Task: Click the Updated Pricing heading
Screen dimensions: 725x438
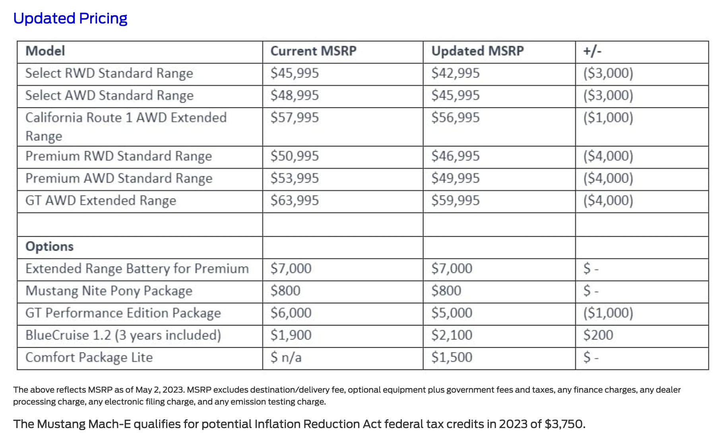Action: click(70, 19)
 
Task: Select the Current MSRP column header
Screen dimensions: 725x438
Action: click(313, 51)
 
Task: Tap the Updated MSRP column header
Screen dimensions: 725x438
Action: click(477, 51)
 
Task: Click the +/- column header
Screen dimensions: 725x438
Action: click(592, 51)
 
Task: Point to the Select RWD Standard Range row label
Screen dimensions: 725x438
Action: click(109, 73)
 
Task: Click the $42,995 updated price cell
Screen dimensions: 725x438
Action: click(456, 73)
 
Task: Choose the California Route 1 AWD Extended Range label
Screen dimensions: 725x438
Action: click(126, 127)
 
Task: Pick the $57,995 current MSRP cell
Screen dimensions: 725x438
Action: click(295, 118)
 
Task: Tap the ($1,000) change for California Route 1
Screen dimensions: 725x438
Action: click(608, 118)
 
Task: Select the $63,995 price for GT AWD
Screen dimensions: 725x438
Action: click(295, 201)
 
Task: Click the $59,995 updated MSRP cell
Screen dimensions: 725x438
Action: click(456, 201)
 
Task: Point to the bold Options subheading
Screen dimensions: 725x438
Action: click(50, 247)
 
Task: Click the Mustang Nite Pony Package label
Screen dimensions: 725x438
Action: click(109, 291)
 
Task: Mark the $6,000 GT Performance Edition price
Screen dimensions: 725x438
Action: click(291, 313)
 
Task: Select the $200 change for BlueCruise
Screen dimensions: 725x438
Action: click(598, 335)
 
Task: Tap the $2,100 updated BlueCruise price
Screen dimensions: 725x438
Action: click(452, 335)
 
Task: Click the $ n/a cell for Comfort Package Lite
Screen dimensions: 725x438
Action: click(286, 358)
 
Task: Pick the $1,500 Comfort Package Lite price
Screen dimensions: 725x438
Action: click(452, 358)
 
